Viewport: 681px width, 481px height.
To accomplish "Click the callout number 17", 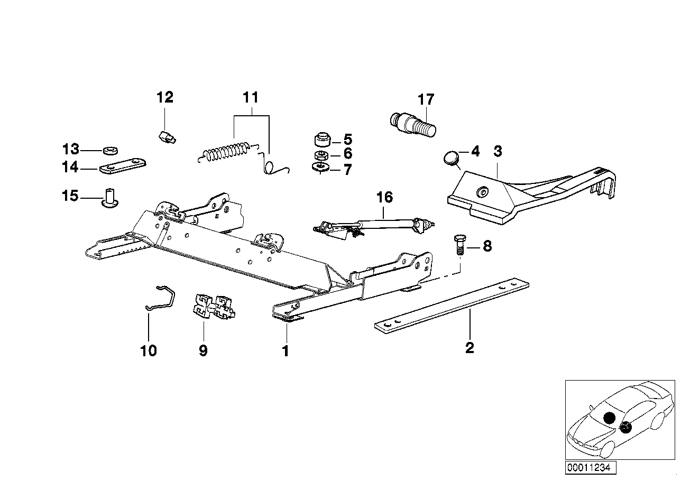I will coord(425,99).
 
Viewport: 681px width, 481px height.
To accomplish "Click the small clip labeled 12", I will coord(167,138).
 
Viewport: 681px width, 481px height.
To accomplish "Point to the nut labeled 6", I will coord(320,155).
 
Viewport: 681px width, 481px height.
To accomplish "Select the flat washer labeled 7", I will coord(321,168).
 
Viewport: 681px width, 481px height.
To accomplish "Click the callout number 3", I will coord(497,151).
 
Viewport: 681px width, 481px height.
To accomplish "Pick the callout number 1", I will coord(286,350).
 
